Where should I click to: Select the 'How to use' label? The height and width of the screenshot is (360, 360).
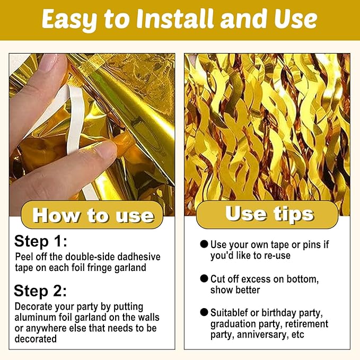click(x=93, y=216)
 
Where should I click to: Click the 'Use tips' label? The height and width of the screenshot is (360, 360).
click(x=269, y=214)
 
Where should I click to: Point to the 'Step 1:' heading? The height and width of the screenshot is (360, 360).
click(x=41, y=242)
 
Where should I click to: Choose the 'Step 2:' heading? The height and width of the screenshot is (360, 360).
click(x=41, y=291)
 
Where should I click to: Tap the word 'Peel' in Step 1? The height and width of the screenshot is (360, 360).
click(x=24, y=257)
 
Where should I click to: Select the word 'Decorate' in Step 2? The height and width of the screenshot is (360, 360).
click(x=32, y=306)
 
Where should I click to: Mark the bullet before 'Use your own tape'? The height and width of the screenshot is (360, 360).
click(x=204, y=244)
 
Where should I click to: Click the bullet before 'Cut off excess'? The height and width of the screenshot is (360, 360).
click(x=204, y=278)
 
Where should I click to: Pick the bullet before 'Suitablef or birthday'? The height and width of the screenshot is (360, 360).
click(x=204, y=312)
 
